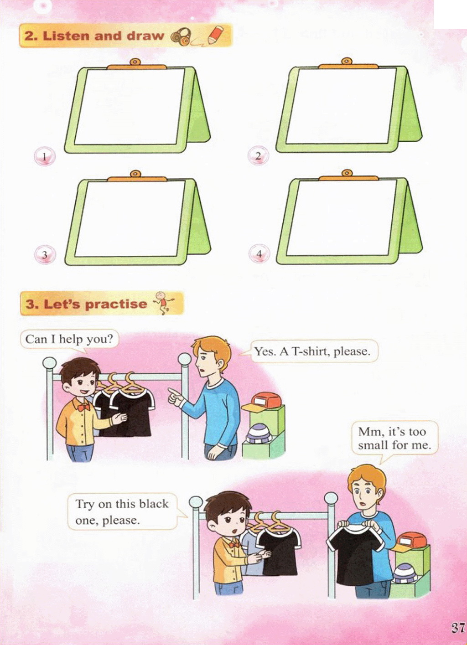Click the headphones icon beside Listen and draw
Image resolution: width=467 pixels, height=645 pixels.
click(181, 36)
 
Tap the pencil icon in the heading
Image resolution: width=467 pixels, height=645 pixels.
click(216, 35)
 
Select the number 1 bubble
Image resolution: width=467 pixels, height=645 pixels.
click(45, 157)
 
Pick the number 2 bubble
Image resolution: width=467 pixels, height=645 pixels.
click(258, 156)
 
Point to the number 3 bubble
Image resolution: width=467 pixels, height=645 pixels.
click(45, 254)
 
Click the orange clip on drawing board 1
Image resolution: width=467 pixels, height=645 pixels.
click(136, 65)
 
